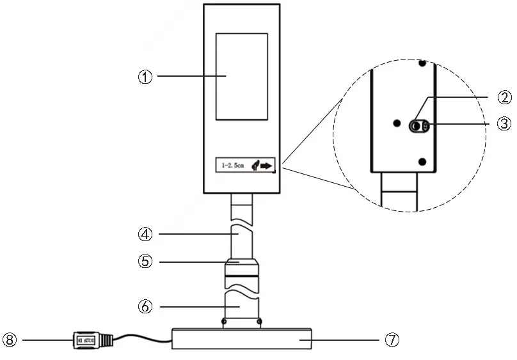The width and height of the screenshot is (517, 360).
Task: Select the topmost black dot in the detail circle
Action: (x=421, y=63)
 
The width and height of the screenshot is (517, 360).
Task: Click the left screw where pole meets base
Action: (x=223, y=321)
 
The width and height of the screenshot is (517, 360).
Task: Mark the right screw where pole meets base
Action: (x=260, y=321)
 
